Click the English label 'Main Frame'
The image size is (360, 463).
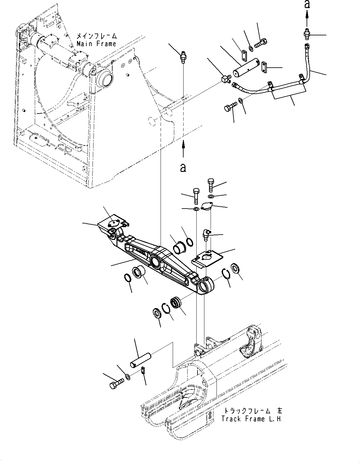click(x=96, y=44)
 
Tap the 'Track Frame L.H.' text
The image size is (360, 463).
click(x=252, y=419)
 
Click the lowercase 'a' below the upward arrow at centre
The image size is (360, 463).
click(x=183, y=168)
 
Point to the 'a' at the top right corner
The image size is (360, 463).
click(x=307, y=4)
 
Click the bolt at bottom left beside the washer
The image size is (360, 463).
click(x=116, y=384)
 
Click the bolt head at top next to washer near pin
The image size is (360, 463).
click(x=262, y=42)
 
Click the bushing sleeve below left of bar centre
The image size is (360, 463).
click(x=138, y=272)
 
